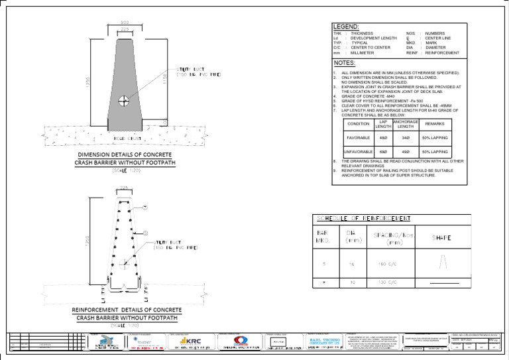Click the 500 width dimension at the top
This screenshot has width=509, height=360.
[125, 23]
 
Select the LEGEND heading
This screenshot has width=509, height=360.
[345, 27]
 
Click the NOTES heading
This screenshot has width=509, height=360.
[345, 63]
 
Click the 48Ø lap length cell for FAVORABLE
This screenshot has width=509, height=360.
[382, 138]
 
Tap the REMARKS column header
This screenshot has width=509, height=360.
[434, 124]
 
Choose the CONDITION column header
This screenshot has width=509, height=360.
[359, 124]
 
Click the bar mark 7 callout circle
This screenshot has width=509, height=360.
[145, 208]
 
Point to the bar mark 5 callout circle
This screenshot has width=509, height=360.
[145, 233]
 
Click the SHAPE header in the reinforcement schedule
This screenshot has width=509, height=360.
[442, 238]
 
